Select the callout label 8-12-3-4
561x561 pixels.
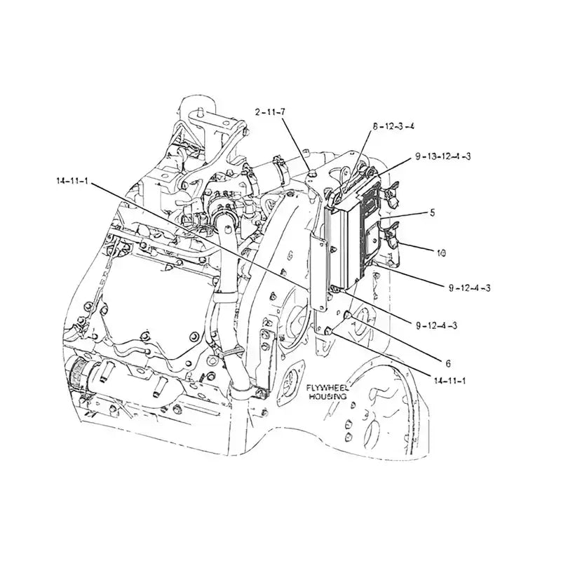(x=393, y=126)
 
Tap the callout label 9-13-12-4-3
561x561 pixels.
(x=442, y=156)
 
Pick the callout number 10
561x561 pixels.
(x=441, y=250)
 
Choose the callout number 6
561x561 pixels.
(x=448, y=363)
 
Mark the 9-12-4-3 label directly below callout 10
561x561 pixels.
(x=469, y=288)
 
